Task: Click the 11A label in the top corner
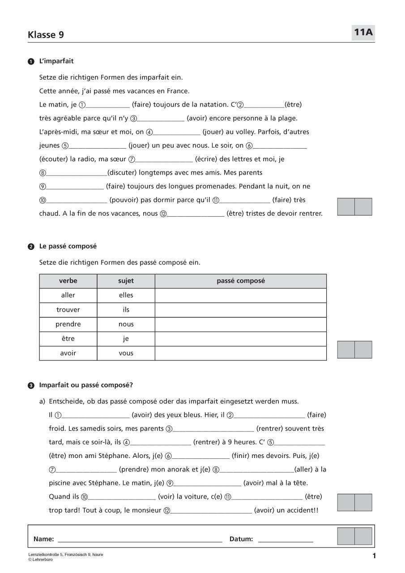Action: point(363,32)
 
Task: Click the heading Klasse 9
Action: point(46,35)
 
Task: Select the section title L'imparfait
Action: point(56,61)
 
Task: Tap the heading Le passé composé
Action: point(68,246)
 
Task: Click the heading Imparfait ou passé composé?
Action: point(86,385)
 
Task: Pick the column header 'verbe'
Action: point(68,281)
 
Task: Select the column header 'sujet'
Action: point(126,281)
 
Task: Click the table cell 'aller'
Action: point(68,295)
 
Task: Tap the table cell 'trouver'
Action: point(68,310)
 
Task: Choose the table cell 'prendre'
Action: point(68,324)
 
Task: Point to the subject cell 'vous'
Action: point(126,353)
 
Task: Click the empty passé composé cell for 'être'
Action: point(240,339)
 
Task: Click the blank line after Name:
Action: point(140,539)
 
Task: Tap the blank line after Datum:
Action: point(286,539)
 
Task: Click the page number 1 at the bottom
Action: point(374,556)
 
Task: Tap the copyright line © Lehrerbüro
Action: point(40,560)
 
